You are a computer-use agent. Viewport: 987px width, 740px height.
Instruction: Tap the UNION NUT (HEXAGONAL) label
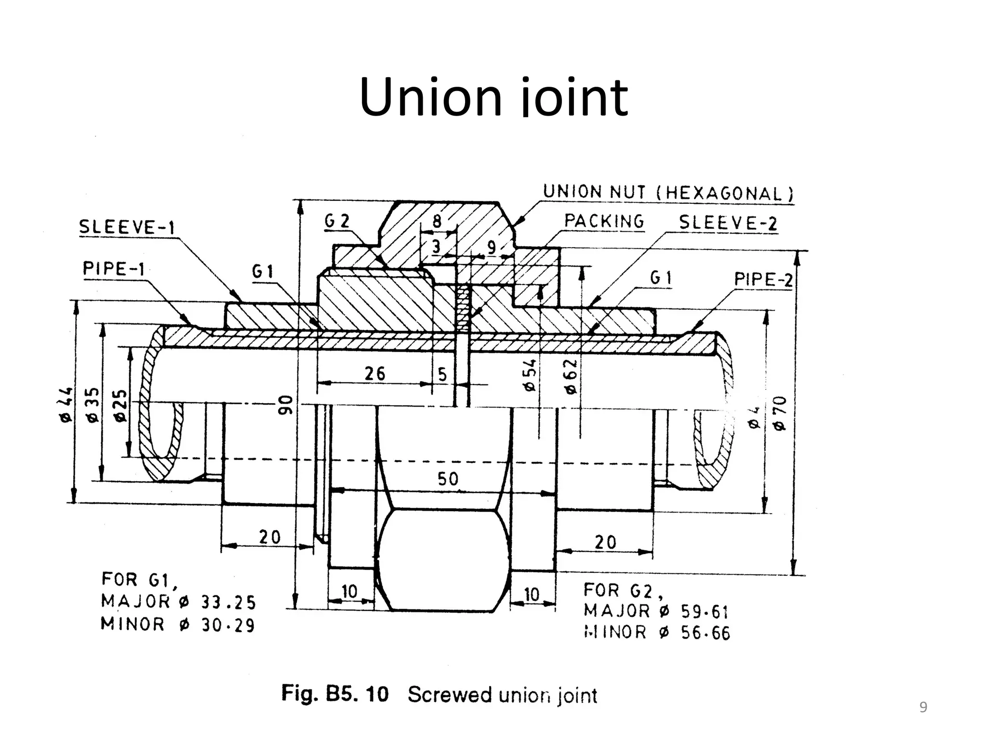(668, 193)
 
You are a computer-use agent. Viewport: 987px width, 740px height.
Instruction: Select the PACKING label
(604, 222)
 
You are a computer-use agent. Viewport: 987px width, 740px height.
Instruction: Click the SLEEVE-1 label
(127, 227)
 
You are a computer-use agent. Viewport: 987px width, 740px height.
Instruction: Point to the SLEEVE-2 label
(728, 223)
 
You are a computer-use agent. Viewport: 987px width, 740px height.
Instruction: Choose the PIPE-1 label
(114, 268)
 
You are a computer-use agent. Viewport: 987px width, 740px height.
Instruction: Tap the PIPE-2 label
(763, 279)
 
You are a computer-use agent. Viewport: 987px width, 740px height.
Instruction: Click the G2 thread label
(336, 221)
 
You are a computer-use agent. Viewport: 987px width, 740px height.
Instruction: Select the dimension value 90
(286, 404)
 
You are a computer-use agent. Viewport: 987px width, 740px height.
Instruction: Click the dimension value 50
(448, 479)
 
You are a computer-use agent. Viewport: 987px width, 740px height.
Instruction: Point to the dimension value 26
(375, 373)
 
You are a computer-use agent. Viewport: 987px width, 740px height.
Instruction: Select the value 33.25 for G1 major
(228, 603)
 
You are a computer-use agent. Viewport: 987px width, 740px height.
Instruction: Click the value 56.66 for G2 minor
(705, 633)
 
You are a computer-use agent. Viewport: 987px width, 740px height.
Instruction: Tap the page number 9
(923, 707)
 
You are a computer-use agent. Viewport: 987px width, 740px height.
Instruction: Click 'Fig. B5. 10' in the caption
(334, 694)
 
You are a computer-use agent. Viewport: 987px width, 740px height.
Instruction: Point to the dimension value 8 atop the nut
(437, 221)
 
